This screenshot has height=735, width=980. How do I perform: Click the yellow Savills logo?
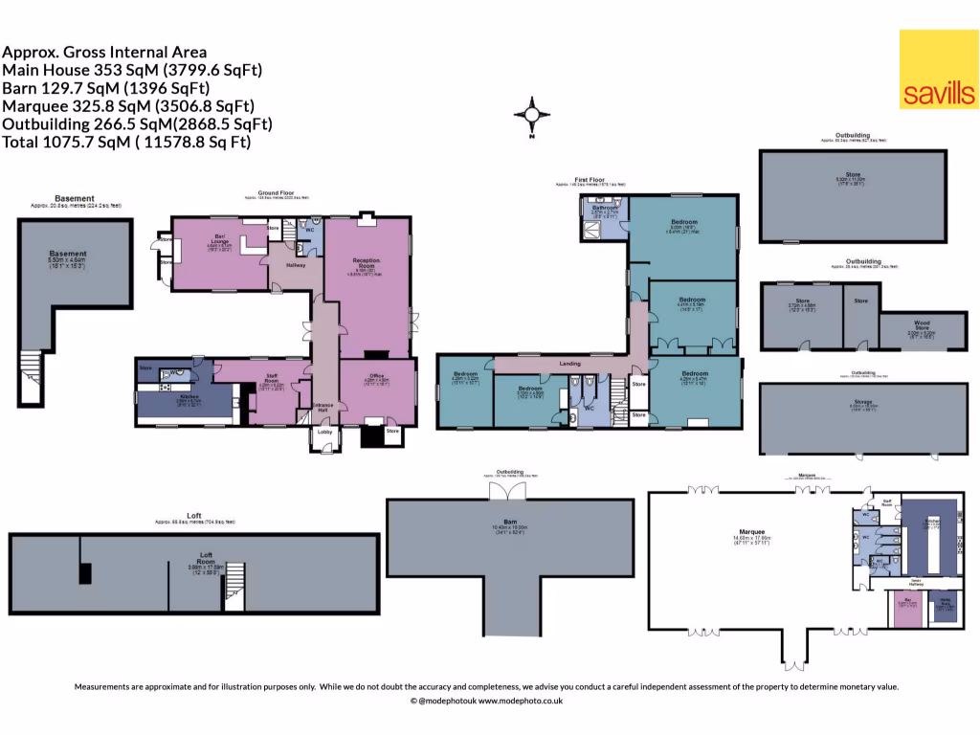click(x=938, y=70)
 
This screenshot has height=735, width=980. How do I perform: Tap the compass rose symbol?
click(x=532, y=116)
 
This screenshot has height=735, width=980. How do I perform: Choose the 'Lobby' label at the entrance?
click(x=323, y=433)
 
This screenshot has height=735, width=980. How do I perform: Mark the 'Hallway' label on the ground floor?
click(x=295, y=265)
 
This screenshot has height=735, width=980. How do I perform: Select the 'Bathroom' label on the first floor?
click(x=604, y=207)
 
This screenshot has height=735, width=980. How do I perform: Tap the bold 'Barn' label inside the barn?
click(x=509, y=522)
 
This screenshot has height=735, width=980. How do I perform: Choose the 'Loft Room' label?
click(x=205, y=557)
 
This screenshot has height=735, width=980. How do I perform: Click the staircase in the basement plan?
click(x=33, y=364)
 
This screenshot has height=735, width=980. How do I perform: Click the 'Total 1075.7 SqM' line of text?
click(x=126, y=142)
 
